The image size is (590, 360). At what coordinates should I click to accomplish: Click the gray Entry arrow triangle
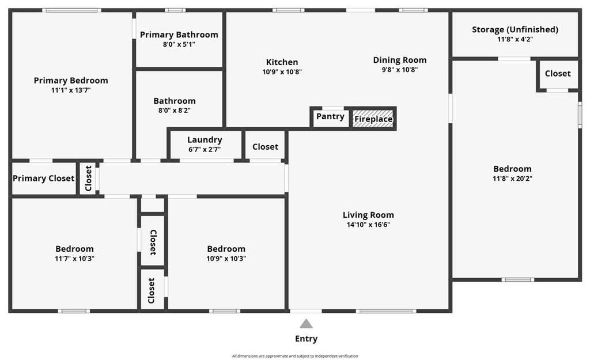[x=307, y=324]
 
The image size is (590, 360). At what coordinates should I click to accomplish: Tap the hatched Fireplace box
[x=373, y=119]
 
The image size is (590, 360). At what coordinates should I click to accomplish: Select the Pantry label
[x=330, y=116]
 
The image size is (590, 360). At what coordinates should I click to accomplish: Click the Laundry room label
[x=205, y=140]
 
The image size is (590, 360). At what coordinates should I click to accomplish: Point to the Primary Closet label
[x=43, y=179]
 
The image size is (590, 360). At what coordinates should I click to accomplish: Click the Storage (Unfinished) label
[x=515, y=29]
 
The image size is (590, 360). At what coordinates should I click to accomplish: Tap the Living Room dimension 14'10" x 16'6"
[x=368, y=225]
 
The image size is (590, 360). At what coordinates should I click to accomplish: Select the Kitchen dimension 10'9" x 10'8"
[x=282, y=71]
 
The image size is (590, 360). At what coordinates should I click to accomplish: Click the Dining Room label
[x=400, y=60]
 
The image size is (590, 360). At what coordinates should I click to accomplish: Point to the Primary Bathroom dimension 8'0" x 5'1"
[x=179, y=44]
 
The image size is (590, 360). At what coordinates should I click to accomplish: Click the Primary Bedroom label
[x=71, y=81]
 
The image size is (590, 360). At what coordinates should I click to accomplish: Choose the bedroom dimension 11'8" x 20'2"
[x=512, y=179]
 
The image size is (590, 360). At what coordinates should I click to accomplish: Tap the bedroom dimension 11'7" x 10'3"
[x=74, y=259]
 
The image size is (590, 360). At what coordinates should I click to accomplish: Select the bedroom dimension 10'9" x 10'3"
[x=226, y=259]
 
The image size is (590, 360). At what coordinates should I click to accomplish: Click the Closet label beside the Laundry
[x=265, y=147]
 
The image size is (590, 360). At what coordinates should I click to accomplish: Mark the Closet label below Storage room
[x=558, y=74]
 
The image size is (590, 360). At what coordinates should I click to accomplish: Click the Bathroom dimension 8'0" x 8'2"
[x=175, y=110]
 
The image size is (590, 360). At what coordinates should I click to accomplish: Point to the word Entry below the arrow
[x=307, y=339]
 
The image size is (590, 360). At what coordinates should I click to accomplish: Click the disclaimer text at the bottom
[x=295, y=356]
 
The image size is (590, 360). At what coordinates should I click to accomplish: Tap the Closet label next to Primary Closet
[x=88, y=179]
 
